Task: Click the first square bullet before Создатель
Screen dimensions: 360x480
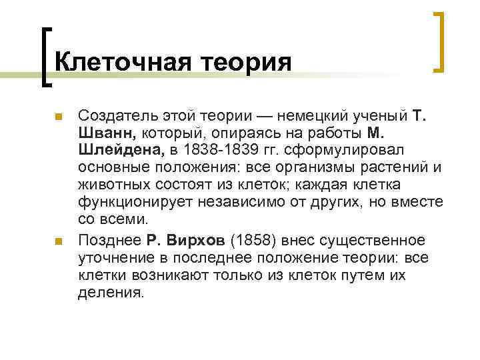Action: coord(57,117)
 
